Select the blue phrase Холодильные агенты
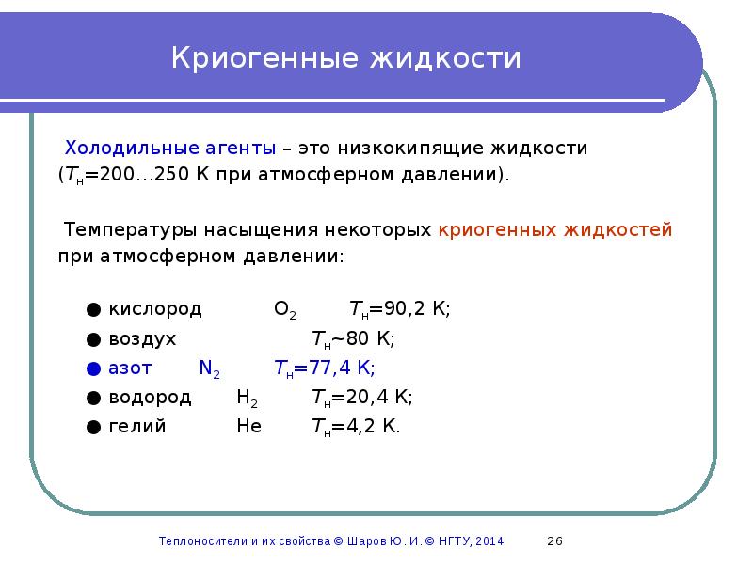(169, 149)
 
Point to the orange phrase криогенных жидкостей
(555, 229)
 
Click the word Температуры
(125, 229)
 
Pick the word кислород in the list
(155, 309)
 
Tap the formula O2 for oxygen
(285, 310)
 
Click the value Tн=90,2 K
(400, 309)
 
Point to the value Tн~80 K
(353, 338)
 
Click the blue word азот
(131, 368)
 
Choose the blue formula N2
(209, 368)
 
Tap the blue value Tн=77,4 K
(324, 368)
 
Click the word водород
(151, 397)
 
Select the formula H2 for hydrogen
(247, 398)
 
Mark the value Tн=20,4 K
(362, 397)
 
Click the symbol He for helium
(248, 426)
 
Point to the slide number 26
(554, 540)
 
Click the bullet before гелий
(92, 427)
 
